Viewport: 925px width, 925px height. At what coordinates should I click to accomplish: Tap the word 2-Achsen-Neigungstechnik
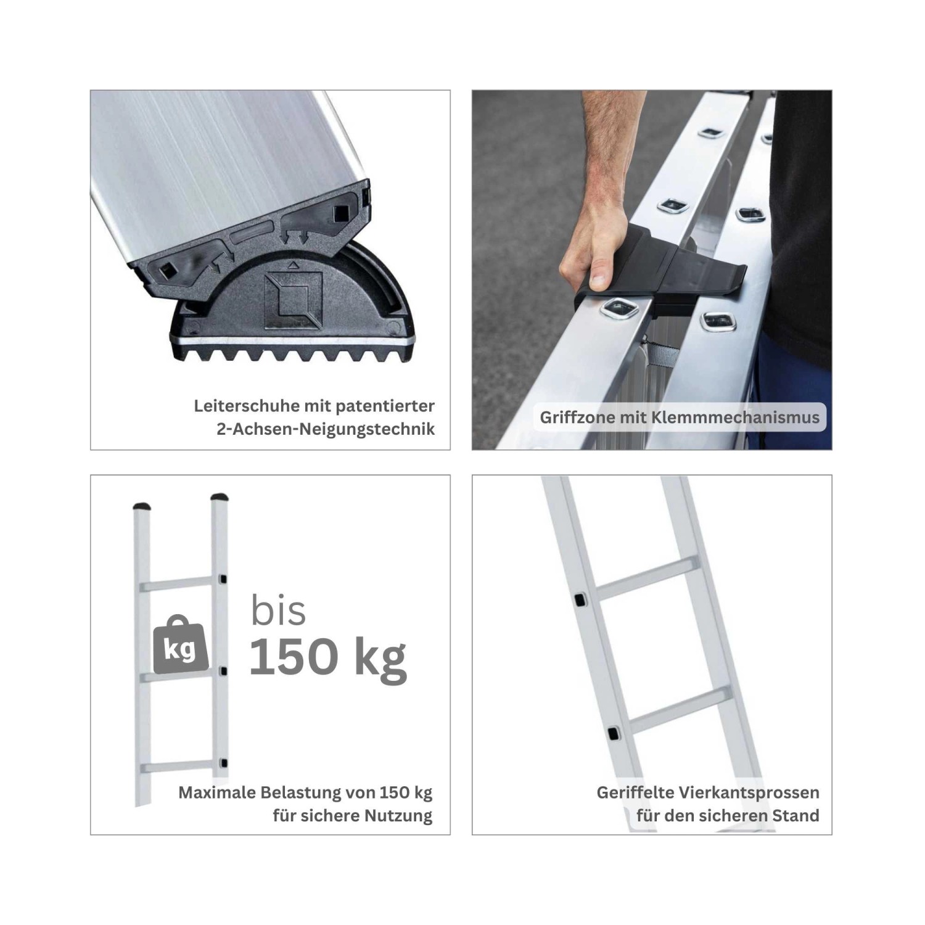point(326,429)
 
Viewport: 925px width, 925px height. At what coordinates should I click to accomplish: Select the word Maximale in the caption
point(215,792)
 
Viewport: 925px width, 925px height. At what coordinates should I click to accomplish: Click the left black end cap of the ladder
point(143,506)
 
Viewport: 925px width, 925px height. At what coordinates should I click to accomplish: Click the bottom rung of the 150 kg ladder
point(179,767)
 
